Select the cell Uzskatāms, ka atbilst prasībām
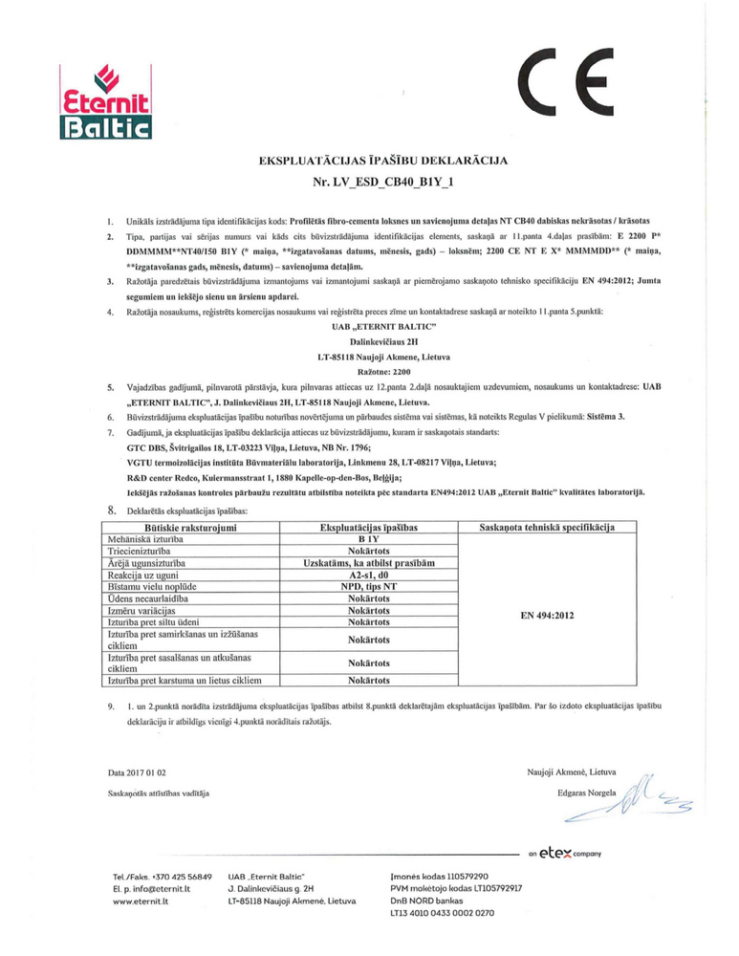(368, 563)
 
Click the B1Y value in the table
(368, 539)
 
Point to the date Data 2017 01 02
(140, 771)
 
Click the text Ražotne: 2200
(369, 371)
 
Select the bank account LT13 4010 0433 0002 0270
(443, 913)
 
